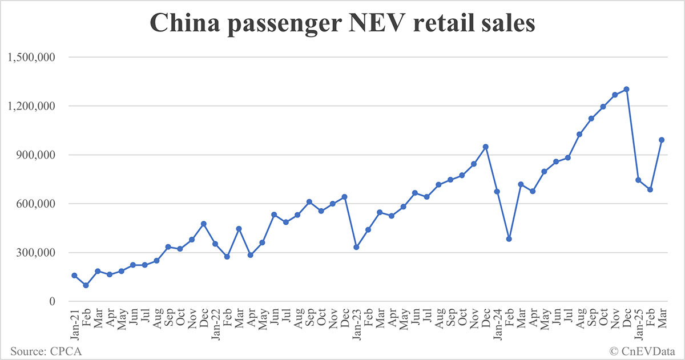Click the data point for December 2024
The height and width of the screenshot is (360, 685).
tap(626, 89)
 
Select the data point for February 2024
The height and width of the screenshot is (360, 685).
tap(509, 239)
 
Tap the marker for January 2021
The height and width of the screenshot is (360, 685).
tap(74, 276)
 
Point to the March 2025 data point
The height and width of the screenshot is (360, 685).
tap(662, 140)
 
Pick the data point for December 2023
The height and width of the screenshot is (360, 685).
tap(485, 147)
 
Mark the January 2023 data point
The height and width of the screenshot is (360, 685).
tap(356, 247)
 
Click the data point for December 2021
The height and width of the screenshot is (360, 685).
tap(203, 224)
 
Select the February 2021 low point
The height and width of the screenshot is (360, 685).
tap(86, 285)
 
